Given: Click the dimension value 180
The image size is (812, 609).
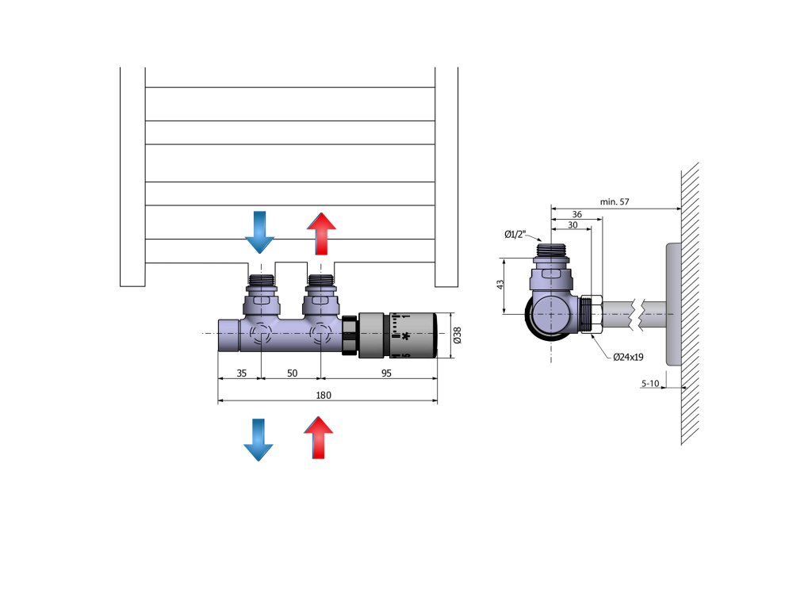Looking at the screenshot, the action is tap(324, 395).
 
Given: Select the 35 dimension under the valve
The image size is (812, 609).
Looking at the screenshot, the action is tap(241, 373).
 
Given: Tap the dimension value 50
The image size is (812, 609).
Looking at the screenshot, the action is tap(292, 373).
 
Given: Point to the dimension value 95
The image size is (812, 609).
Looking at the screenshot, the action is tap(386, 373).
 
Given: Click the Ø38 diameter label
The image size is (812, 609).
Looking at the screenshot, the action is tap(457, 336).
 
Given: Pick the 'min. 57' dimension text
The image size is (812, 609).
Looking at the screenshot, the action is tap(615, 202).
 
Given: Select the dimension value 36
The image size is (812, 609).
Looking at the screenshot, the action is tap(577, 215).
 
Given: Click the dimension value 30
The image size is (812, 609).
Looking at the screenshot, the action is tap(572, 224).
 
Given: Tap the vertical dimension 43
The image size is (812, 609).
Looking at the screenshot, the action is tap(500, 285).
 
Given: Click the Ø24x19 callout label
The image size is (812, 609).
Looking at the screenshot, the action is tap(628, 357).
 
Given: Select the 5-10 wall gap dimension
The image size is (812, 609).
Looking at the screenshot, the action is tap(650, 384).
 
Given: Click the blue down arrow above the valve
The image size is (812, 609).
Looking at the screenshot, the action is tap(259, 231).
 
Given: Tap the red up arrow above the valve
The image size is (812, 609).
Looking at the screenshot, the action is tap(321, 231).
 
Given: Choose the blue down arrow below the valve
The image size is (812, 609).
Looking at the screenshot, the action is tap(259, 439).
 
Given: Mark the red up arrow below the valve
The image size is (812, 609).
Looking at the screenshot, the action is tap(319, 438).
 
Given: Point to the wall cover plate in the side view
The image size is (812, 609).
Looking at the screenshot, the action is tap(672, 304).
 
